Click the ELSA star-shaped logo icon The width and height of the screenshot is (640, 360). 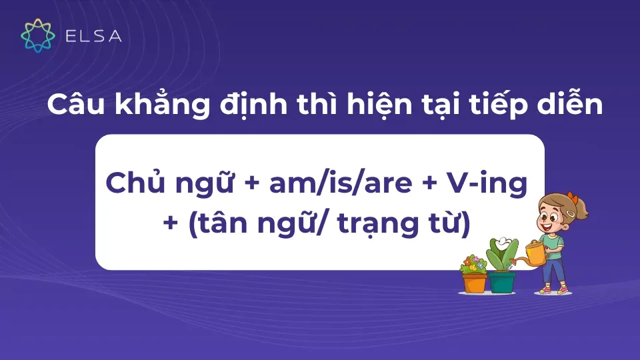(39, 35)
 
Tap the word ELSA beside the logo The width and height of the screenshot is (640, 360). (93, 36)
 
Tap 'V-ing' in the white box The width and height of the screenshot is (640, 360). (482, 183)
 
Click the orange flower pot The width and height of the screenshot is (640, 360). (475, 282)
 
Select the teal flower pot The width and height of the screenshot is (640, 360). (502, 282)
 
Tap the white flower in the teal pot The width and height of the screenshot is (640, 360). (505, 243)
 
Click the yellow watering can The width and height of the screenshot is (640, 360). (534, 253)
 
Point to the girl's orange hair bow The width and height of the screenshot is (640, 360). (571, 198)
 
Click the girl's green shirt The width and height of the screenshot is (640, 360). (553, 241)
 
